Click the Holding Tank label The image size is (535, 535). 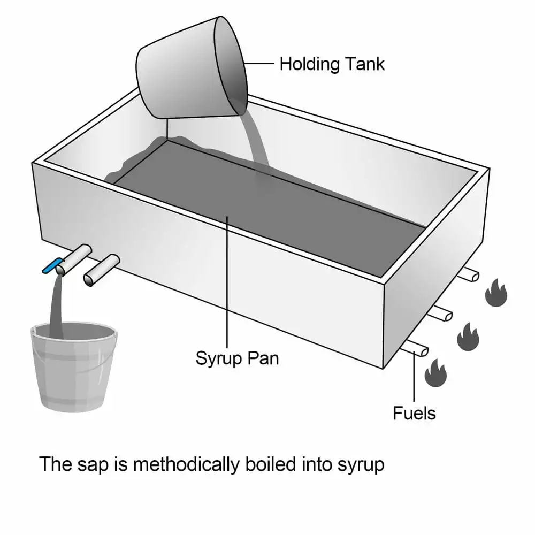coord(332,64)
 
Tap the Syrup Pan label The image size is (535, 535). coord(237,357)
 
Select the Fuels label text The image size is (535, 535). coord(414,413)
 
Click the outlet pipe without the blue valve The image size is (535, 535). coord(102,270)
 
